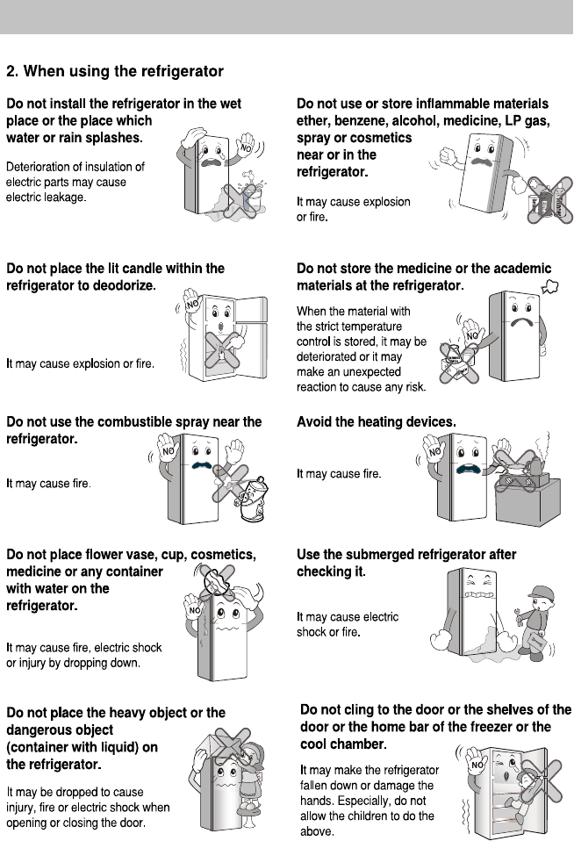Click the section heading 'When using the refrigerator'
(x=124, y=70)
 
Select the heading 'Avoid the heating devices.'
(x=377, y=422)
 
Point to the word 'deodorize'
(x=121, y=285)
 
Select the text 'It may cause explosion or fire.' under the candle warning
(x=81, y=363)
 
